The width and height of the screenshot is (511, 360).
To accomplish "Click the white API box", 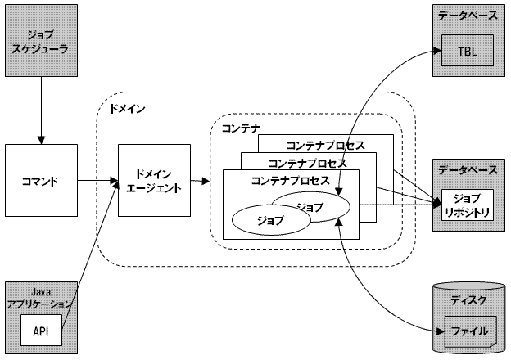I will pos(40,331).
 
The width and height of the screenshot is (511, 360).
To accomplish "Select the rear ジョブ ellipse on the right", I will pos(310,205).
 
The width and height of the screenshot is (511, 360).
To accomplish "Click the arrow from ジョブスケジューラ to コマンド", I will pos(41,110).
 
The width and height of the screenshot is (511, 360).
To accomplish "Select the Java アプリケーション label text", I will pos(41,296).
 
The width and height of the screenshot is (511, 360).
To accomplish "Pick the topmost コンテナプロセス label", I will pos(326,144).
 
